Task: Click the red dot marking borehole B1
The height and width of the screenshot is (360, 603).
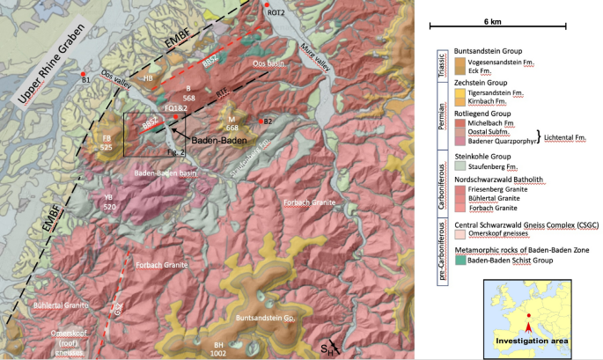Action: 84,73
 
